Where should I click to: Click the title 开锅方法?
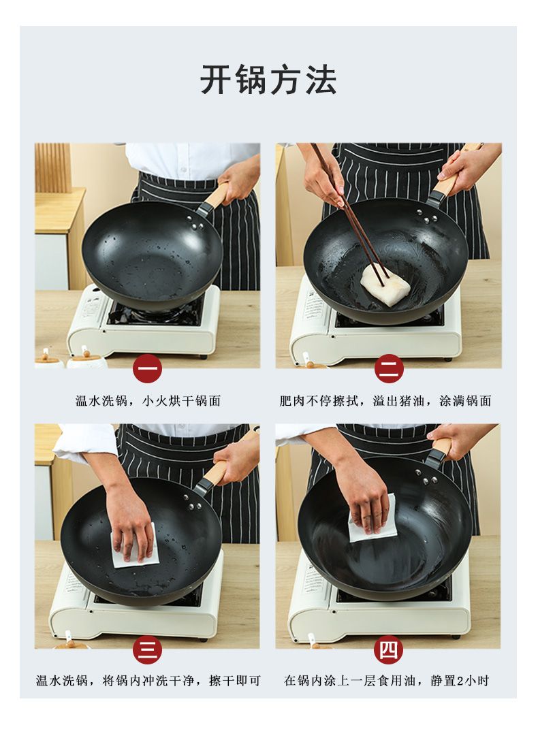point(268,80)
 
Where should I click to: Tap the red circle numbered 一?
point(147,368)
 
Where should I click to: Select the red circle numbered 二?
point(389,368)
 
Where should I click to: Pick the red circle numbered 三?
point(147,649)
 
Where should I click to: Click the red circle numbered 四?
point(388,649)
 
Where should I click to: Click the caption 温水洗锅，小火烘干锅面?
point(148,401)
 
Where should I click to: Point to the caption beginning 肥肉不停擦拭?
point(385,401)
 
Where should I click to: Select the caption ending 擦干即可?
point(148,681)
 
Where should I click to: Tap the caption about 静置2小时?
point(386,681)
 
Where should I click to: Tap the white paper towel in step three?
point(136,547)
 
